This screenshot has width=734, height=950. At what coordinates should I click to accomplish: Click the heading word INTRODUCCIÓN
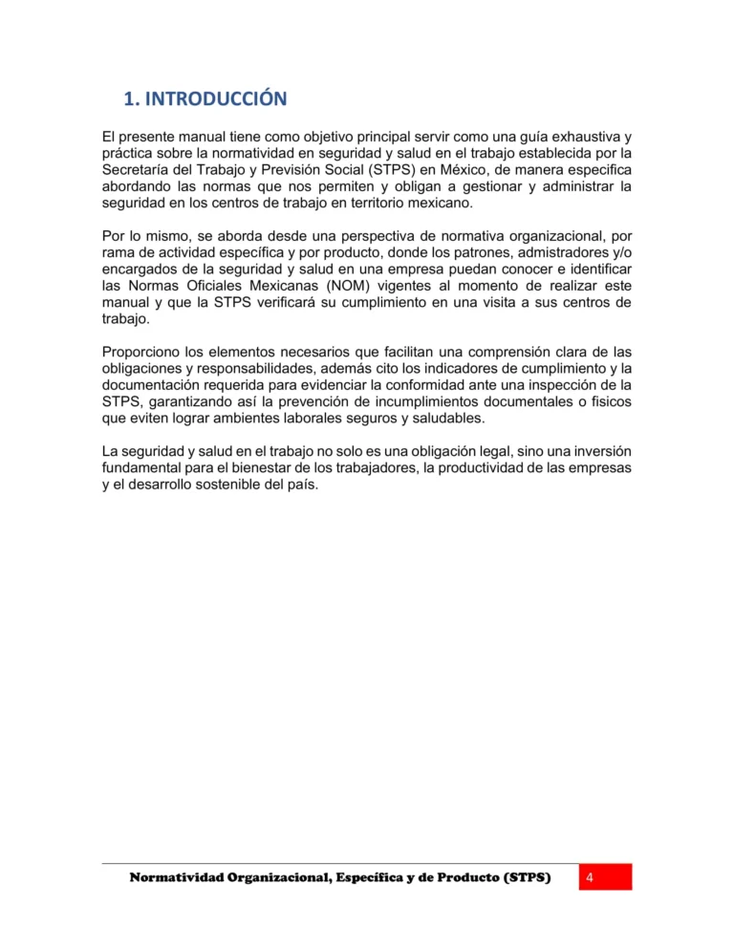[216, 98]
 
